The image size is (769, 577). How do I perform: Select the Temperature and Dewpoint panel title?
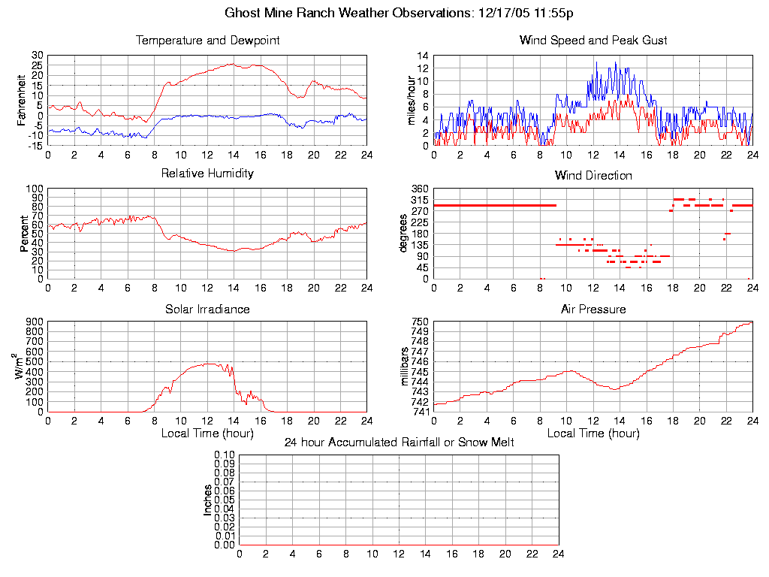coord(207,40)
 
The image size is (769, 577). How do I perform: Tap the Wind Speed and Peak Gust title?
coord(593,40)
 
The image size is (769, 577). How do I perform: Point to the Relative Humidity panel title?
coord(207,174)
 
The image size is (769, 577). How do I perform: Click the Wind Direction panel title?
coord(593,176)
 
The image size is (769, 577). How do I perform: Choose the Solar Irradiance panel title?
coord(207,309)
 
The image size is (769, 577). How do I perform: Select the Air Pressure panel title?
coord(593,309)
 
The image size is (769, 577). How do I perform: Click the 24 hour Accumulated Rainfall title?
coord(399,443)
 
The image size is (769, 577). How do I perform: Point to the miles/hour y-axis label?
coord(412,100)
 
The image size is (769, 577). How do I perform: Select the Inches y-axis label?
coord(208,500)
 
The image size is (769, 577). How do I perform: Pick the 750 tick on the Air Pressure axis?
coord(419,322)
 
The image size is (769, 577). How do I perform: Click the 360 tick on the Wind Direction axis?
coord(419,189)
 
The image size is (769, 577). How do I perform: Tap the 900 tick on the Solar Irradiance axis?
coord(35,322)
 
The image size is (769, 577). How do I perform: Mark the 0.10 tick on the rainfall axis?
coord(225,455)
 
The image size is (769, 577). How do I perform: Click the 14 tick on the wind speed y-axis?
coord(422,56)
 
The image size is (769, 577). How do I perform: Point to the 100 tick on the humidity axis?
coord(35,189)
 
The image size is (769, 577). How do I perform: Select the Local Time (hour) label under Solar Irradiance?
coord(207,434)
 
